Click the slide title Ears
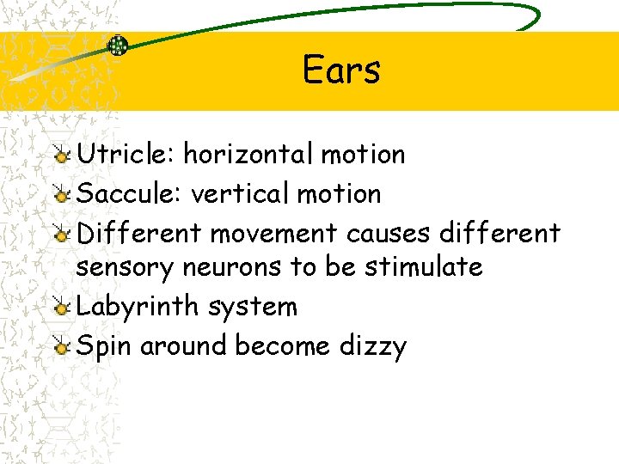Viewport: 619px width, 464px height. coord(341,70)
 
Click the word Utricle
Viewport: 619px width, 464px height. coord(126,155)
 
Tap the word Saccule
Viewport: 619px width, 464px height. coord(129,194)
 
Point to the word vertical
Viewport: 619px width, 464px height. coord(240,194)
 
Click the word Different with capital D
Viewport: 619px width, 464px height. coord(139,233)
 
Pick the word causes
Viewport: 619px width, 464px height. coord(389,233)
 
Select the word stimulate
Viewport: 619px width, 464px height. coord(424,267)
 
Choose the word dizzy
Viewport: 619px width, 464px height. coord(371,345)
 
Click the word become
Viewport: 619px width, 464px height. coord(282,345)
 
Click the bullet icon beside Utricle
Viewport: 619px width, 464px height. coord(60,156)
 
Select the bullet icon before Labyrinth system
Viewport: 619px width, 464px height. coord(60,308)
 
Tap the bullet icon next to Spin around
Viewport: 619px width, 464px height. coord(60,346)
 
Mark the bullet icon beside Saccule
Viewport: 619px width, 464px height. coord(60,195)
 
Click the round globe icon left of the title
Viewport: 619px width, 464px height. coord(117,46)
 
